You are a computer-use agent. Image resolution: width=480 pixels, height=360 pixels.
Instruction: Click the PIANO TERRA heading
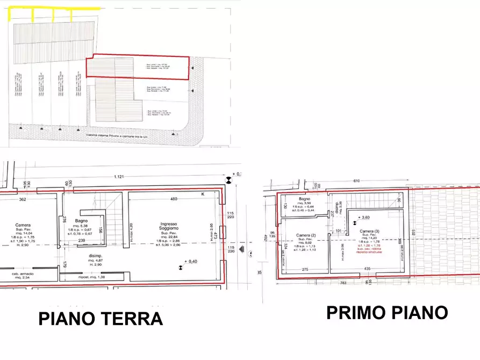click(x=101, y=318)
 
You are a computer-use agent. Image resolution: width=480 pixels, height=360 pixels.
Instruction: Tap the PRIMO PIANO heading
click(x=387, y=312)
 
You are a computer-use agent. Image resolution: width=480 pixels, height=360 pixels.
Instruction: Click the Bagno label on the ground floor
click(x=81, y=221)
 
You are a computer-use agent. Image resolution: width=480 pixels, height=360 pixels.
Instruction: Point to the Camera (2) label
click(x=306, y=235)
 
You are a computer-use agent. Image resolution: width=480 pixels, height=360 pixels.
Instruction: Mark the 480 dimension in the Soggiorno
click(x=174, y=199)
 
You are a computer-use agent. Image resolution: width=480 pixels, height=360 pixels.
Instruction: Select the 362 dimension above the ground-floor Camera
click(x=23, y=199)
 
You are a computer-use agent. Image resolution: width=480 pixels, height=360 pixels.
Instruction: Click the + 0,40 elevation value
click(x=192, y=261)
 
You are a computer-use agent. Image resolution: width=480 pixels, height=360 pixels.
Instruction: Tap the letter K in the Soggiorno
click(x=203, y=193)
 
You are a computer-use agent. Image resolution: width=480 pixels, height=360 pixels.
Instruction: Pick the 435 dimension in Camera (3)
click(x=367, y=269)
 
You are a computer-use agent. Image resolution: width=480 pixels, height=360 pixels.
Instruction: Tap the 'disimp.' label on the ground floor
click(x=95, y=256)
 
